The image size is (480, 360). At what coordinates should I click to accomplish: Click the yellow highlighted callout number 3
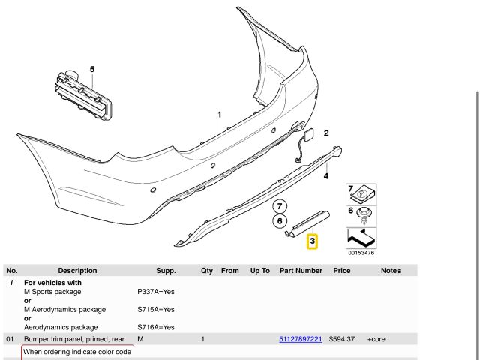312,241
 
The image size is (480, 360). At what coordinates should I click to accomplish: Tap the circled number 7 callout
280,206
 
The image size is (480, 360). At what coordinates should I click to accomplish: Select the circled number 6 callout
280,221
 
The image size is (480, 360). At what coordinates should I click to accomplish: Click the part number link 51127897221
301,339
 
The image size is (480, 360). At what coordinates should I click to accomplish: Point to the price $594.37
342,339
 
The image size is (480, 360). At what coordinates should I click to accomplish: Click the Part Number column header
301,271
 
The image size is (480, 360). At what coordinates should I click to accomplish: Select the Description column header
77,271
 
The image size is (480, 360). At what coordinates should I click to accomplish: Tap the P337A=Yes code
156,292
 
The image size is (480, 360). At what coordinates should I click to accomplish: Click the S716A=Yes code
156,327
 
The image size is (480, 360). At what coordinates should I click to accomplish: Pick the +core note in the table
376,339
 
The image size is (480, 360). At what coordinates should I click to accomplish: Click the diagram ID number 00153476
361,253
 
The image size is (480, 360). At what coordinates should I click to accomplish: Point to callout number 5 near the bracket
92,69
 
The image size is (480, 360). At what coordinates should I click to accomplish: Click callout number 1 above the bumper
219,115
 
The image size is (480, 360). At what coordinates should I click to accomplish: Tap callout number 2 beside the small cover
326,133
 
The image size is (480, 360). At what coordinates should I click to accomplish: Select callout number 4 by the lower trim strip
326,176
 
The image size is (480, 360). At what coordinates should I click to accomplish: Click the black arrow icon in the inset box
361,238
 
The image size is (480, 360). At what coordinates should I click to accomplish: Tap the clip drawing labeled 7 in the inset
363,194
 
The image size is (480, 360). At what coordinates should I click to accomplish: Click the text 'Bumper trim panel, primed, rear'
74,339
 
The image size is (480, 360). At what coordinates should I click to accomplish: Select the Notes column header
391,271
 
